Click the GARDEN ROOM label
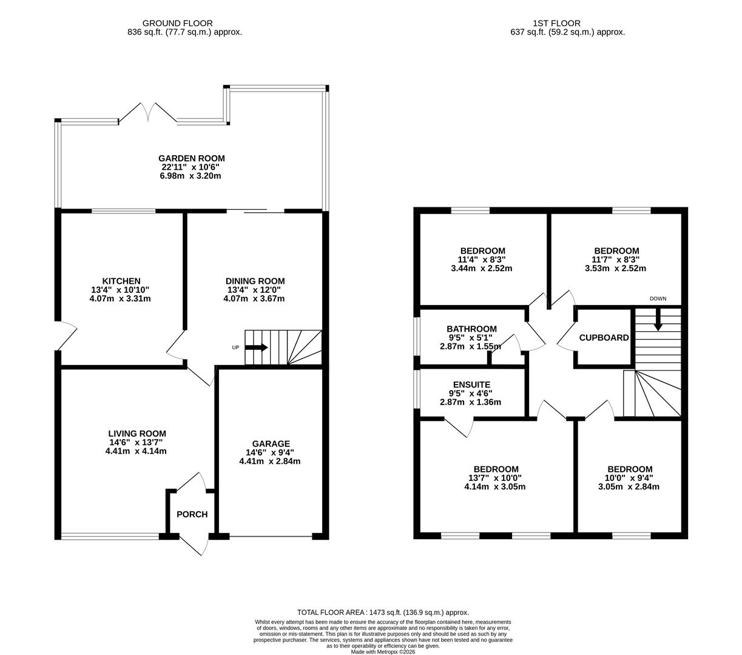click(x=192, y=159)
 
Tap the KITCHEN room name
click(x=121, y=281)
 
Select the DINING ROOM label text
click(x=255, y=281)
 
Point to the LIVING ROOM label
click(x=137, y=434)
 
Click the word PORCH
click(x=192, y=514)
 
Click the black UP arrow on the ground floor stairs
click(x=257, y=348)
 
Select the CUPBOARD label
click(x=604, y=338)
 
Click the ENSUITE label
click(x=471, y=385)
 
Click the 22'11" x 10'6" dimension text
click(x=192, y=167)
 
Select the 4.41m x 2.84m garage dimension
click(x=270, y=461)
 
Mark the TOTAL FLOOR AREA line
click(x=383, y=613)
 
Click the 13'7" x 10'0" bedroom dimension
click(x=496, y=478)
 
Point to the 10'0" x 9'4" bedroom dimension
click(x=629, y=478)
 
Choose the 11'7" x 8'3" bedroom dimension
click(x=616, y=260)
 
